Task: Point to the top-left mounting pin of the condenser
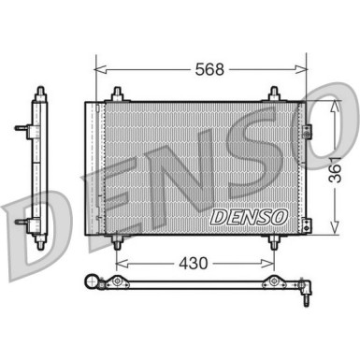(x=116, y=94)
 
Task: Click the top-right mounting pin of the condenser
(x=274, y=94)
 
